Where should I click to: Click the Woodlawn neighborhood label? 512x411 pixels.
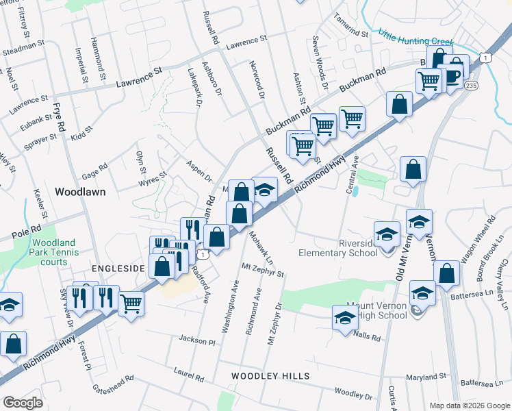point(80,192)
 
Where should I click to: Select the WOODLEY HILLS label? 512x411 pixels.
point(270,376)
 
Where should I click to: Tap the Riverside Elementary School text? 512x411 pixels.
point(338,247)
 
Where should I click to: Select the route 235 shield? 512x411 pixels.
point(471,85)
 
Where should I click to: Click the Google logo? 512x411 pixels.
point(23,402)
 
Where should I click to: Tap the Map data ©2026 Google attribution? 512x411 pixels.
point(470,406)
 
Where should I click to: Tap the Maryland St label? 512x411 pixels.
point(426,377)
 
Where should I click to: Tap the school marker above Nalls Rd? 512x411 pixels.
point(344,316)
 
